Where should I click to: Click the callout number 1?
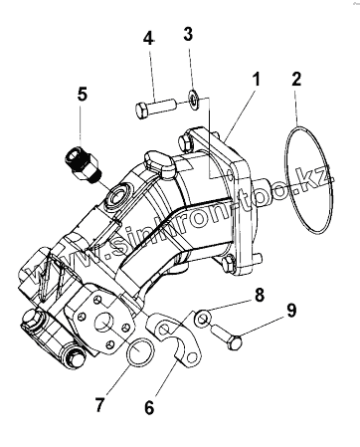tap(256, 80)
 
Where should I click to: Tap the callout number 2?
tap(296, 80)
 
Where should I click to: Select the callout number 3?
tap(188, 34)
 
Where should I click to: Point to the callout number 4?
tap(149, 39)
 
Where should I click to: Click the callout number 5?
tap(83, 94)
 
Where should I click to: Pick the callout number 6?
tap(149, 407)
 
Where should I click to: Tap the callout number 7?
tap(99, 404)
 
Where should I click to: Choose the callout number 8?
tap(259, 295)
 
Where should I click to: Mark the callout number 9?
tap(291, 311)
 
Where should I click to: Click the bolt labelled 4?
tap(155, 107)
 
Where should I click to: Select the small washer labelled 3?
tap(193, 99)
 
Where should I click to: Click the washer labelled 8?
tap(202, 318)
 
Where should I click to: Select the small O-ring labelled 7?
tap(140, 351)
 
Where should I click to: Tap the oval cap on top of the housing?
tap(158, 162)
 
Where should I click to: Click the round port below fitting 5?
tap(117, 197)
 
